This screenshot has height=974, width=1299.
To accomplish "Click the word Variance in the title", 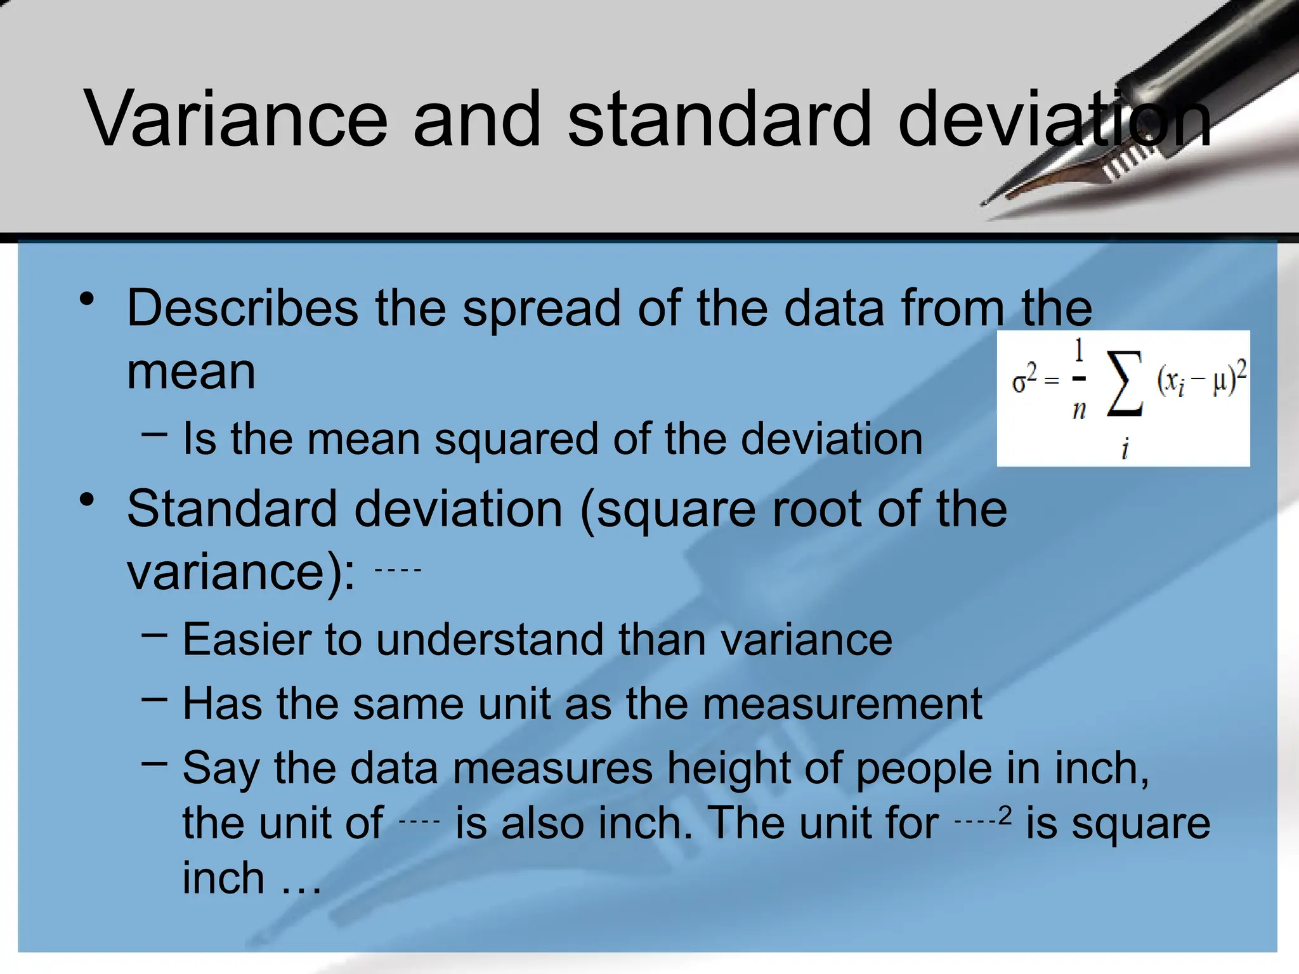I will [x=235, y=119].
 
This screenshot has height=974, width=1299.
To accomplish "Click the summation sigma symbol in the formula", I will [x=1125, y=384].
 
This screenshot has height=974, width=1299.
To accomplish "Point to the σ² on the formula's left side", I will [x=1024, y=379].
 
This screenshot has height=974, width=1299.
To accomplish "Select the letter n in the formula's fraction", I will [x=1079, y=411].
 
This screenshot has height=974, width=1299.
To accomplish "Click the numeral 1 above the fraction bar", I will [x=1079, y=351].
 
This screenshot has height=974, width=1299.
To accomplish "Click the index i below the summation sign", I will [x=1125, y=448].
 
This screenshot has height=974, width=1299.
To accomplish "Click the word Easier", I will [x=246, y=639].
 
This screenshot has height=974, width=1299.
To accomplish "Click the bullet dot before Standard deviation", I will [x=88, y=500].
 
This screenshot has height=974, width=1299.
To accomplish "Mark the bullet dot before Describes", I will [x=88, y=299].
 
